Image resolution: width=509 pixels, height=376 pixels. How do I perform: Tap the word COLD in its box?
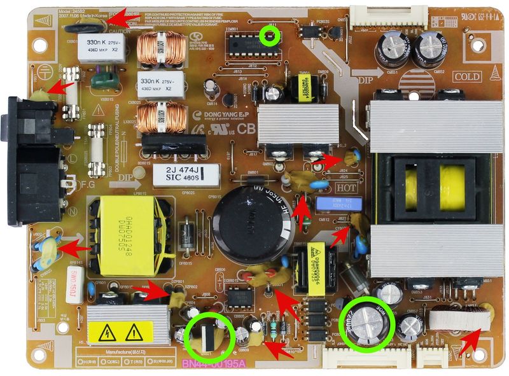coord(466,76)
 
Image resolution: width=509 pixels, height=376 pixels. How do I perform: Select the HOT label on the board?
coord(346,188)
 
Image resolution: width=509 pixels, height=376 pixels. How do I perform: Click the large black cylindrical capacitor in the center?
coord(253,214)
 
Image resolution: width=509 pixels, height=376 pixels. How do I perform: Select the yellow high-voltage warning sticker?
coord(124,331)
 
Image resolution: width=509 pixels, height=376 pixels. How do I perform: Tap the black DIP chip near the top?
coord(248,46)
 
